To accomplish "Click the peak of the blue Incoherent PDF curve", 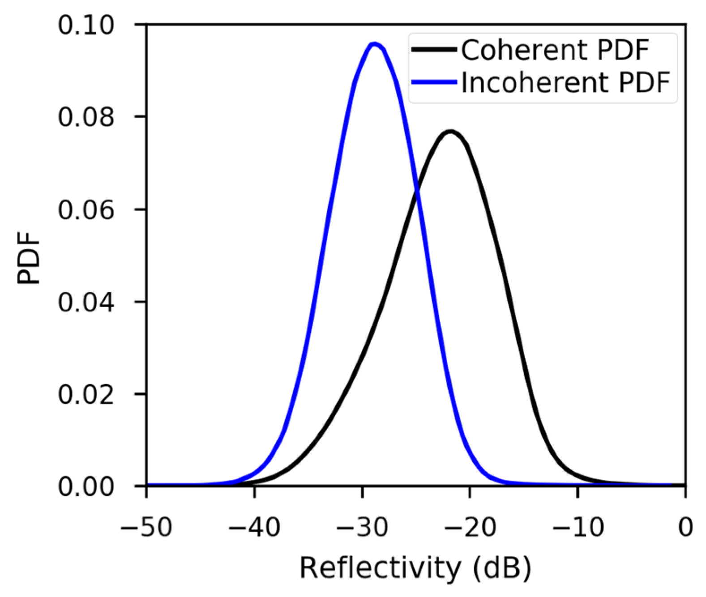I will point(375,44).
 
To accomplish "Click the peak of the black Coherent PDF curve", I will point(450,131).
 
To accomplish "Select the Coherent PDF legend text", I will point(555,50).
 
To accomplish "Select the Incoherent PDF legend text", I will point(565,83).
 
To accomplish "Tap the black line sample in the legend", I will point(434,50).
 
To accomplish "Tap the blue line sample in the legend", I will point(434,82).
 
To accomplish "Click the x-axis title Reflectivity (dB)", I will point(415,569).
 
